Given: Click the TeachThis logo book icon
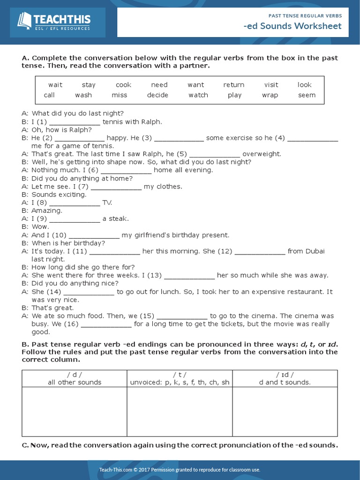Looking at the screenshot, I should pyautogui.click(x=24, y=21).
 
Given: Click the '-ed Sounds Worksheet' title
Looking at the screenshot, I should pyautogui.click(x=292, y=26).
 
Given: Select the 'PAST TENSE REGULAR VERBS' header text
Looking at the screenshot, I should pyautogui.click(x=305, y=15).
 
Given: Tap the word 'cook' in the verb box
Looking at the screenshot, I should pyautogui.click(x=123, y=85).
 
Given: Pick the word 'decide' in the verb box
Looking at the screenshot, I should pyautogui.click(x=157, y=95).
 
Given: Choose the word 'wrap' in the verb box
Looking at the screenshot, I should pyautogui.click(x=270, y=95).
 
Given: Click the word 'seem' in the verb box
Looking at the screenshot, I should pyautogui.click(x=307, y=95).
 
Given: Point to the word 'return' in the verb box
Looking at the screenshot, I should pyautogui.click(x=233, y=85).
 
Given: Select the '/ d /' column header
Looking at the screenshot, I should pyautogui.click(x=74, y=374).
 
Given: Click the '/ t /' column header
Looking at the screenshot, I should pyautogui.click(x=180, y=374).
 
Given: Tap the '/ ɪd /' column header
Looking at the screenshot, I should pyautogui.click(x=285, y=374).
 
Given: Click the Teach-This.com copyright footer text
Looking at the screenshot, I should pyautogui.click(x=180, y=470).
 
